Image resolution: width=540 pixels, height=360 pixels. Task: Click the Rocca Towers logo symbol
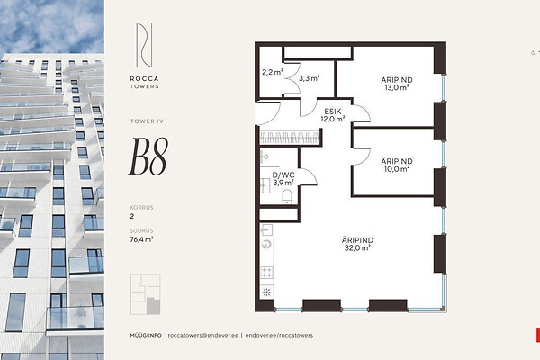coord(144,45)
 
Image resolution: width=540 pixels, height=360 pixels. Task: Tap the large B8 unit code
coord(148,157)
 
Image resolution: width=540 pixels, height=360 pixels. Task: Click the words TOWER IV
coord(147,121)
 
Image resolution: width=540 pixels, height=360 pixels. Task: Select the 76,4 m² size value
coord(141,239)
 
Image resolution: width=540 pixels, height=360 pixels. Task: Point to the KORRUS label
coord(141,207)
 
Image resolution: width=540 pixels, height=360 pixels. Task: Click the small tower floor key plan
coord(145,294)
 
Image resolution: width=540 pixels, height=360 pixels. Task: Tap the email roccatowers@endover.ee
coord(203,335)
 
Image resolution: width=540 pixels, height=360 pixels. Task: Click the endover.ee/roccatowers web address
coord(279,335)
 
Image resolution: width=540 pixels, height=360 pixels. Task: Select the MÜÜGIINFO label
coord(146,335)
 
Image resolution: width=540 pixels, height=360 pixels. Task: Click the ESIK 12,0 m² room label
coord(333,115)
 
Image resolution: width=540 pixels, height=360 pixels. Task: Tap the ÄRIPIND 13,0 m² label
coord(397,84)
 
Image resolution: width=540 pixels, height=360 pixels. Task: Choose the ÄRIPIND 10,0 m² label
coord(397,165)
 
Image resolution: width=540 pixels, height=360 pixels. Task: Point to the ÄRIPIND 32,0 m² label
coord(357,244)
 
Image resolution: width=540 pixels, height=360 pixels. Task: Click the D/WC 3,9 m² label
coord(283,179)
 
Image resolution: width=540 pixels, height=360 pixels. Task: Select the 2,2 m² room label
coord(273,72)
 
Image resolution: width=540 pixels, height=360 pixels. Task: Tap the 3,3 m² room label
coord(310,78)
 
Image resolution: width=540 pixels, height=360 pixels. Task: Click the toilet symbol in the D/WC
coord(287,196)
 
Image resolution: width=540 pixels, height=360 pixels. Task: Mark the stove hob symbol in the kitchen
coord(267,273)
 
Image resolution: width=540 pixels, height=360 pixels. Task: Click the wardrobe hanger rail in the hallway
coord(289,138)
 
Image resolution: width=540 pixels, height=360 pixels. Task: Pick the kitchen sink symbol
coord(266,229)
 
